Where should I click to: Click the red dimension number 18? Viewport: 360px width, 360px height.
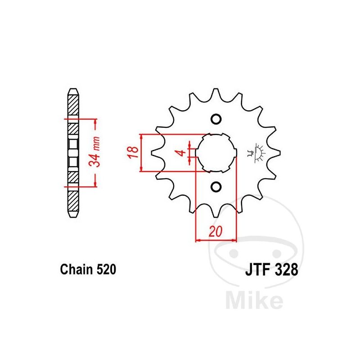tap(133, 152)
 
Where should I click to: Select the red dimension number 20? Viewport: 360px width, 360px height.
tap(216, 231)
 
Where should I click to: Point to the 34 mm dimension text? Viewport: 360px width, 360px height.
tap(94, 152)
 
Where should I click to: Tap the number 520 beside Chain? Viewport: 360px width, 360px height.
tap(106, 269)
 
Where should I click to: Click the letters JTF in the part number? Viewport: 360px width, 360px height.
tap(257, 269)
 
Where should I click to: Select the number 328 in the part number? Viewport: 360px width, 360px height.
tap(286, 269)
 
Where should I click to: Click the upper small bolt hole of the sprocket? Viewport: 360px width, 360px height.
tap(216, 119)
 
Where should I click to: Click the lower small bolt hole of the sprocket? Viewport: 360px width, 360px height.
tap(216, 186)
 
